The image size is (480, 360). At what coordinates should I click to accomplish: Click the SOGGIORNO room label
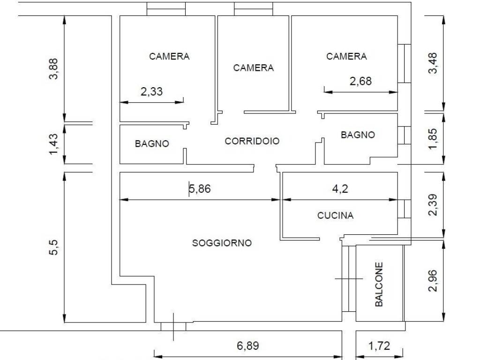222,243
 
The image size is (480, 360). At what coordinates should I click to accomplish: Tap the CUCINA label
335,216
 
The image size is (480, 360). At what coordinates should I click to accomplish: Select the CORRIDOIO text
252,141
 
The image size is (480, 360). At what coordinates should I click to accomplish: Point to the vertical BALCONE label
379,284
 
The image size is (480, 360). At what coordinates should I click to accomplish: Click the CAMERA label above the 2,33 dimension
169,56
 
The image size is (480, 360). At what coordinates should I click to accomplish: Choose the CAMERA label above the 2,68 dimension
346,56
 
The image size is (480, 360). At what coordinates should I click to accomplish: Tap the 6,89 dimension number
247,346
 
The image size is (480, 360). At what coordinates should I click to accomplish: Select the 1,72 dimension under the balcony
379,346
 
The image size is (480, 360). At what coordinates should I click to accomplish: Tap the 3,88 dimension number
54,68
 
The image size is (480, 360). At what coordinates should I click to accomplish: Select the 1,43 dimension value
54,143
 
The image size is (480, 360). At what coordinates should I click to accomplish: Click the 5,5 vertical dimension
54,247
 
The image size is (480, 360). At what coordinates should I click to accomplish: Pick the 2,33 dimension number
151,91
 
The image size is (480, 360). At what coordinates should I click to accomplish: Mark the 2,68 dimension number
360,81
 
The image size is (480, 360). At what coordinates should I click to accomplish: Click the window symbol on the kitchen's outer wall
404,209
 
